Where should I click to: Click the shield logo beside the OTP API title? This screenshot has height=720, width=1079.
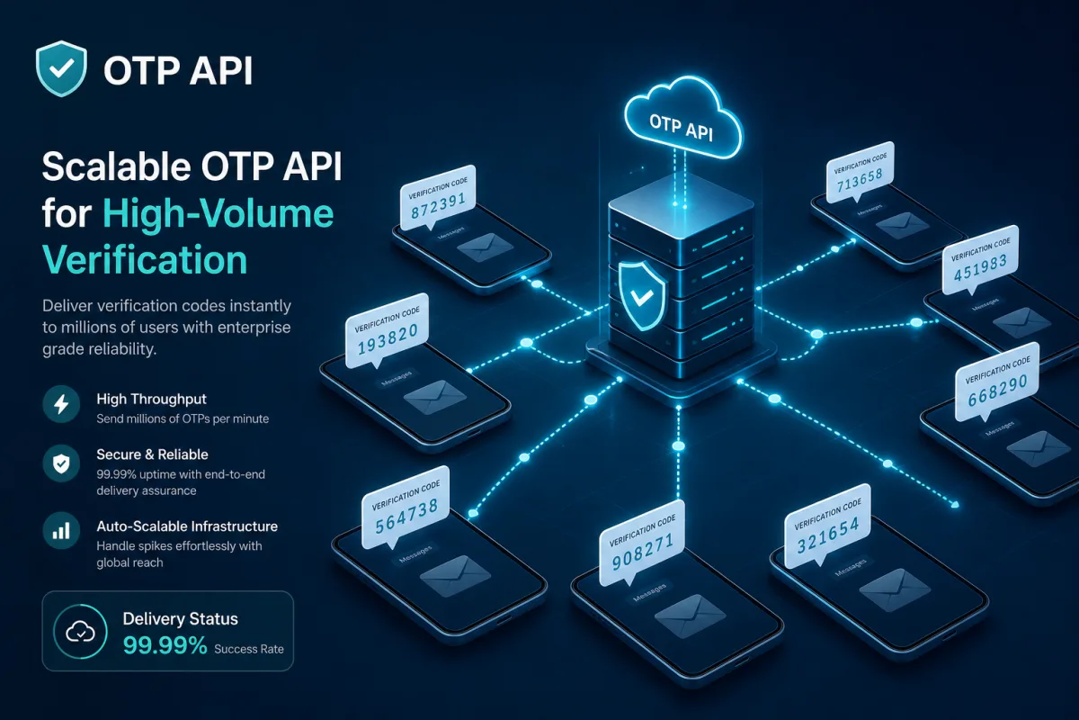[x=61, y=68]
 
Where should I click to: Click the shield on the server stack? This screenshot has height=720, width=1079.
[x=642, y=295]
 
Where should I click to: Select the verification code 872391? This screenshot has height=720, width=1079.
[x=438, y=206]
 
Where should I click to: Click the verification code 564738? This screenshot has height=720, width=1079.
[x=406, y=516]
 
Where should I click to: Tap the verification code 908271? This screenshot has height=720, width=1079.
[x=643, y=553]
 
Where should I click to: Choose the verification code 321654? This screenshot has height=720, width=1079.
[x=828, y=535]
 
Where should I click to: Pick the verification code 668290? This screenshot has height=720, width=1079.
[x=997, y=390]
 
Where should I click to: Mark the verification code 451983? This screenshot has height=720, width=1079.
[x=980, y=267]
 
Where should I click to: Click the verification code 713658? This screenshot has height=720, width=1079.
[x=860, y=180]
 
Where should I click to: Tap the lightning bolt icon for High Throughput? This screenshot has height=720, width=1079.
[x=61, y=404]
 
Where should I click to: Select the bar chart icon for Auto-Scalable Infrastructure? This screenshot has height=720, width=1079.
[x=61, y=531]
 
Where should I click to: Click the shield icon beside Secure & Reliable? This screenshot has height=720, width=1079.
[x=61, y=463]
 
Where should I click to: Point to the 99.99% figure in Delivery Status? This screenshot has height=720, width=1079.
[x=165, y=645]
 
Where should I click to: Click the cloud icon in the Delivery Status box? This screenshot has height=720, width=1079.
[x=80, y=631]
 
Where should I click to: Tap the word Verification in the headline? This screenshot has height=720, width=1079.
[x=145, y=259]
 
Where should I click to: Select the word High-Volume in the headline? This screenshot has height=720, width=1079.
[x=218, y=213]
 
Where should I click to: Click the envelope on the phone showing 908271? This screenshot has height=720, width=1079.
[x=691, y=616]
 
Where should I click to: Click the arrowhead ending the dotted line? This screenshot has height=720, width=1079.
[x=954, y=504]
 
